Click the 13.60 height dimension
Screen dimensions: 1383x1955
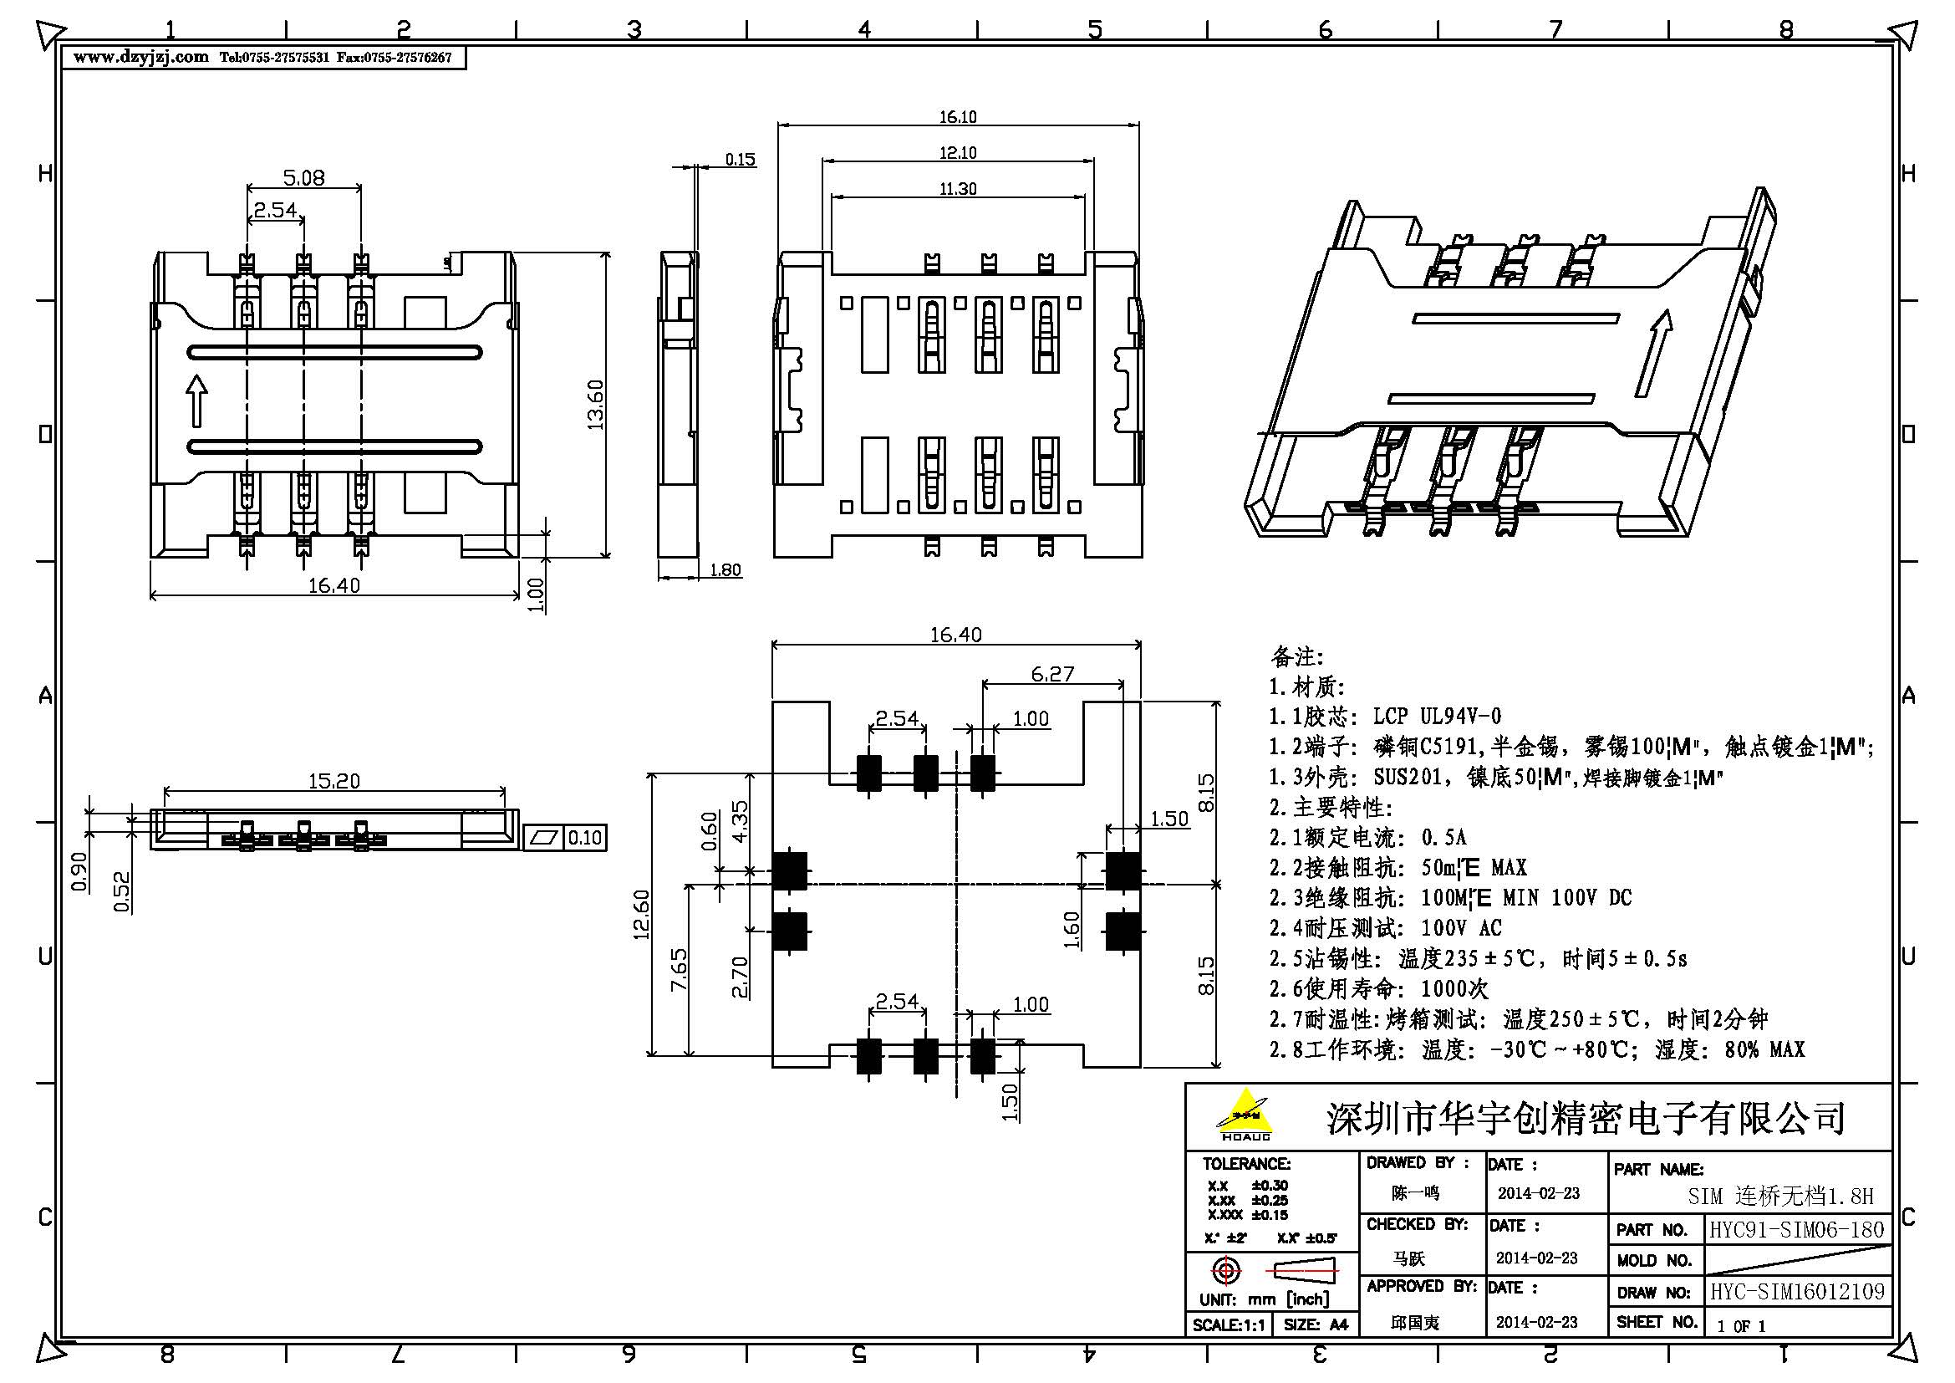pyautogui.click(x=595, y=405)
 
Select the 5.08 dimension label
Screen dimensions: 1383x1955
pyautogui.click(x=304, y=177)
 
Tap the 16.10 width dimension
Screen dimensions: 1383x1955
pyautogui.click(x=958, y=117)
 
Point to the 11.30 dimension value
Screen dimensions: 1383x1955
pyautogui.click(x=958, y=188)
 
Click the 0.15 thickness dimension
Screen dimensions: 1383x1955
pyautogui.click(x=740, y=159)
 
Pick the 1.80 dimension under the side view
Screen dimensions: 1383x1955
pyautogui.click(x=725, y=569)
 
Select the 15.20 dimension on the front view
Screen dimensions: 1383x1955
pyautogui.click(x=333, y=780)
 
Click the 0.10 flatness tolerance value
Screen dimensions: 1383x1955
pyautogui.click(x=585, y=838)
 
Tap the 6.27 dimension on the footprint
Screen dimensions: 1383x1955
pyautogui.click(x=1052, y=674)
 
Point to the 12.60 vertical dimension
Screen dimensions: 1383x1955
pyautogui.click(x=641, y=914)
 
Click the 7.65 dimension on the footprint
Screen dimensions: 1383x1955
pyautogui.click(x=679, y=969)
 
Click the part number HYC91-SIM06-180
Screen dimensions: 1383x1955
pyautogui.click(x=1797, y=1229)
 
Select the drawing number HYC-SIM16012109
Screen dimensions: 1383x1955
pyautogui.click(x=1798, y=1292)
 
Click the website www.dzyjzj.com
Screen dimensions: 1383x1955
pyautogui.click(x=140, y=57)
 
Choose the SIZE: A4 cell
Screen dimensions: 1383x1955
pyautogui.click(x=1315, y=1324)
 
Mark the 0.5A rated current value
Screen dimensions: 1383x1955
pyautogui.click(x=1444, y=837)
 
